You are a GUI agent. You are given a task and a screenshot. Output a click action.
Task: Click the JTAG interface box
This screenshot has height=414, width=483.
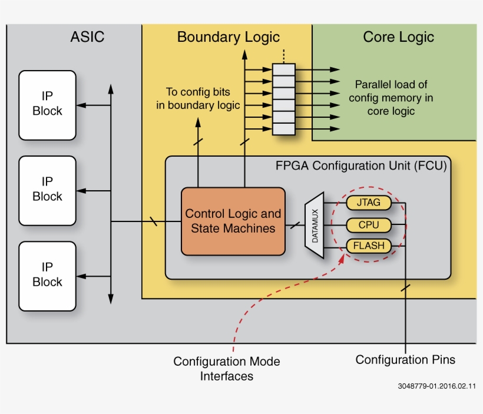(368, 203)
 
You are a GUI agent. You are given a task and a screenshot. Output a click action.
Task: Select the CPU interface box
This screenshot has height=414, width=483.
(368, 225)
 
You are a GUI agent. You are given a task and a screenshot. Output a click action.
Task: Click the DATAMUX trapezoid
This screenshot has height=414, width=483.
(314, 225)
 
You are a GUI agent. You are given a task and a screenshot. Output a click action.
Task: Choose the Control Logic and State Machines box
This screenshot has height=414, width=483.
(233, 221)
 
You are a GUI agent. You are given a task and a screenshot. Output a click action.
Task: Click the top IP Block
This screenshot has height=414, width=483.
(47, 105)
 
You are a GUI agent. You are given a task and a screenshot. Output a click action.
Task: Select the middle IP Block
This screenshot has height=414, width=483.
(47, 190)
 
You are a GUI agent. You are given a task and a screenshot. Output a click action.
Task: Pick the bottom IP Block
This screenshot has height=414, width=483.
(47, 276)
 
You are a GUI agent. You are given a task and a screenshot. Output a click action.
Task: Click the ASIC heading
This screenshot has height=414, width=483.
(87, 37)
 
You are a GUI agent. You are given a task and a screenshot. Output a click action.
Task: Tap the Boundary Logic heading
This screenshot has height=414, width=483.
(228, 37)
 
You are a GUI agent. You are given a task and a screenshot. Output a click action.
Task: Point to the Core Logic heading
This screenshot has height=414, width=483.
(398, 37)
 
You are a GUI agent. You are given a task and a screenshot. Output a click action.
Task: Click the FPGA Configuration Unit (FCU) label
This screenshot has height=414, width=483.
(361, 165)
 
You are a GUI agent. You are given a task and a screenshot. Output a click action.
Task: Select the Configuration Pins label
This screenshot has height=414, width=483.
(405, 359)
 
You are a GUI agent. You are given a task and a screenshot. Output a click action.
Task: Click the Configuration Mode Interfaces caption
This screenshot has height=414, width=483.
(226, 369)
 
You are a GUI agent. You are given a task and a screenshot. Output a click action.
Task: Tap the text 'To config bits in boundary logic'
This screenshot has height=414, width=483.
(198, 99)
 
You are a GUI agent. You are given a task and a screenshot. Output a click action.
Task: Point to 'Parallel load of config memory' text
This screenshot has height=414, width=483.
(391, 98)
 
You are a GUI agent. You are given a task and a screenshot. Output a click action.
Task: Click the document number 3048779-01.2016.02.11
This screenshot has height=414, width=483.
(436, 386)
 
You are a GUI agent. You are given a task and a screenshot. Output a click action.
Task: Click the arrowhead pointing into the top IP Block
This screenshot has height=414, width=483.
(81, 105)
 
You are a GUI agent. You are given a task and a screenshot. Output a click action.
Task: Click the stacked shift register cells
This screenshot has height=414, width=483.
(283, 100)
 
